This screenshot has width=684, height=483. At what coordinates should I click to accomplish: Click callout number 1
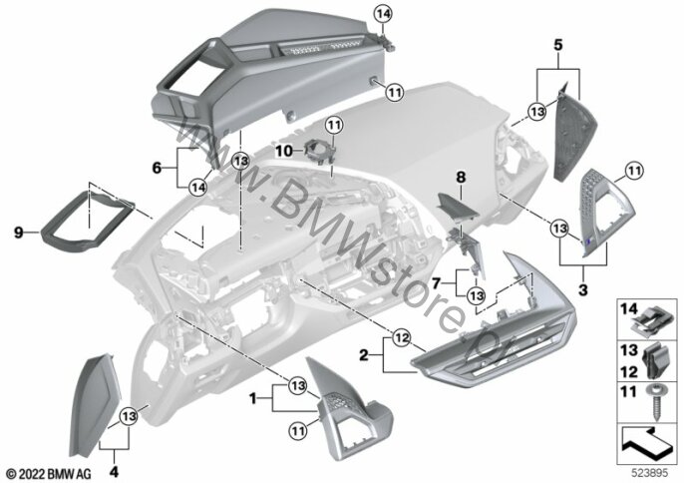[254, 398]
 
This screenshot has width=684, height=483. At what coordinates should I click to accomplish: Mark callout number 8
[461, 177]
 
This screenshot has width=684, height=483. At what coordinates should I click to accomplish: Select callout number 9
[18, 232]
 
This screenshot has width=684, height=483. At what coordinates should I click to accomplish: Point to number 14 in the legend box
[628, 310]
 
